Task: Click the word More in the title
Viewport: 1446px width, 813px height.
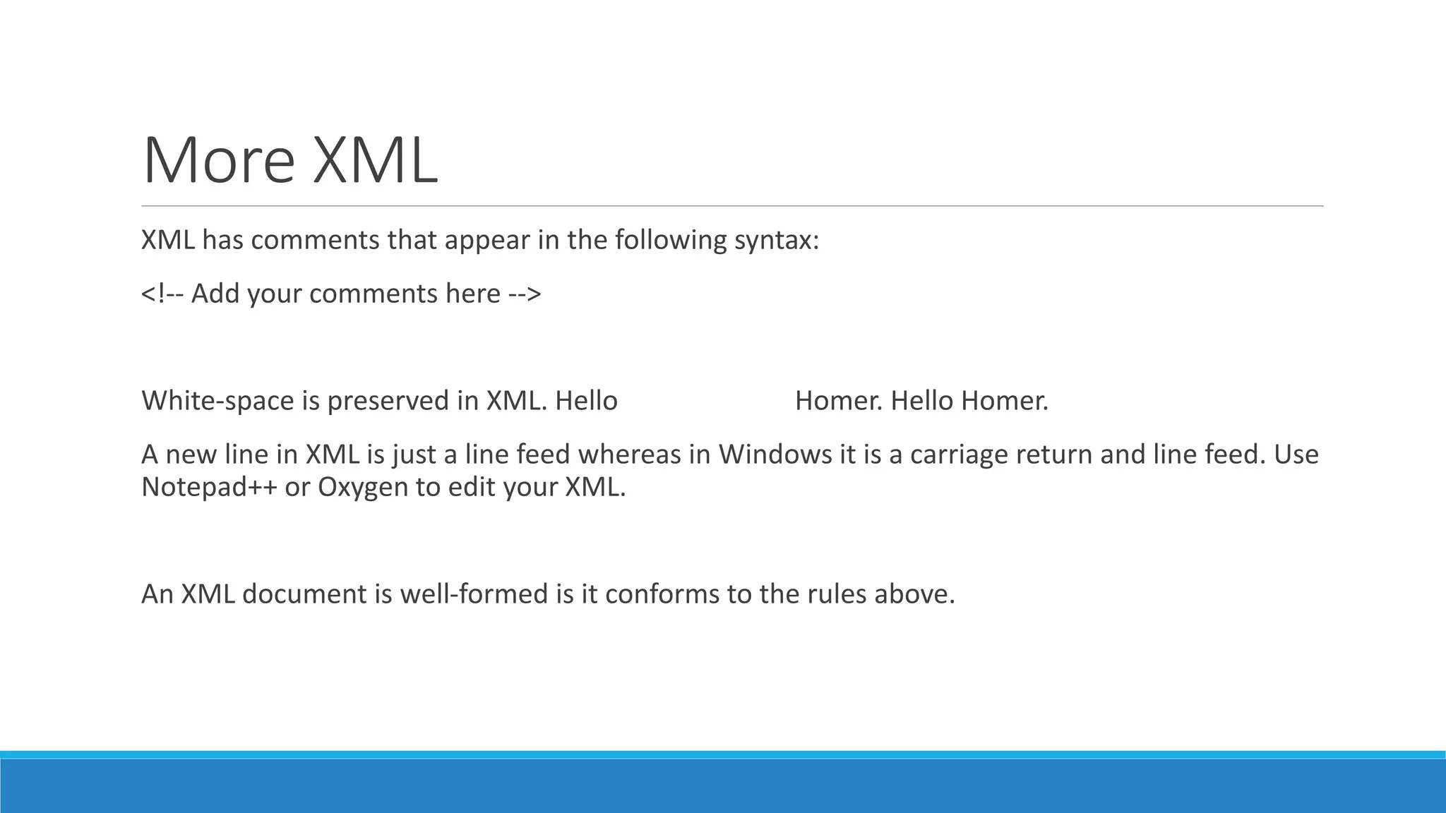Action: point(218,161)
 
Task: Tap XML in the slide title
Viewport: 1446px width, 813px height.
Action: point(375,161)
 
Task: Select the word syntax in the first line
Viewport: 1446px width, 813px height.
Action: point(776,241)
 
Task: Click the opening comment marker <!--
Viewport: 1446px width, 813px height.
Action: point(162,294)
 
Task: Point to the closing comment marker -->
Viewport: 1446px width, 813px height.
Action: point(525,294)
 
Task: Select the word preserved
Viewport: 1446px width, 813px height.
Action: point(388,401)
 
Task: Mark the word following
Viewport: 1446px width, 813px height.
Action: point(670,241)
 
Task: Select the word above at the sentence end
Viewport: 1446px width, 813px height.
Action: point(914,594)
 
